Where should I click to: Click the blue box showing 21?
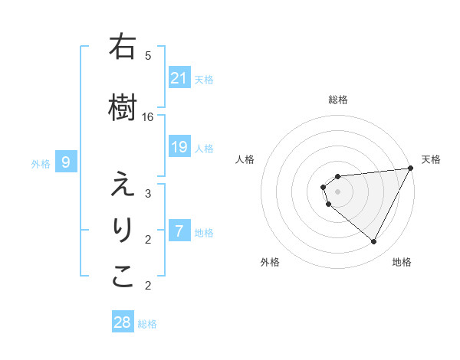click(x=179, y=78)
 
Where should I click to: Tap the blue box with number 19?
click(x=179, y=147)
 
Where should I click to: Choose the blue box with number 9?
click(x=66, y=162)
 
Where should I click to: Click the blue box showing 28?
click(x=123, y=322)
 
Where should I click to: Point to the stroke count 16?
click(x=148, y=116)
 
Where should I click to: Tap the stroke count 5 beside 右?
click(x=148, y=55)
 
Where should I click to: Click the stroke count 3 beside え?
click(x=148, y=193)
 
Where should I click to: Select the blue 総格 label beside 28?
click(x=147, y=324)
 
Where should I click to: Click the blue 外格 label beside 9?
click(x=41, y=163)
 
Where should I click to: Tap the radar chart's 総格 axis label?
click(x=338, y=100)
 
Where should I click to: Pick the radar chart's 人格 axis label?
click(x=245, y=159)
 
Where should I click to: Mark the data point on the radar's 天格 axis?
click(x=411, y=169)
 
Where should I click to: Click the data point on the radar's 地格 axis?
click(x=374, y=242)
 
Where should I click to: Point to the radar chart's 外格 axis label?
click(x=270, y=262)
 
